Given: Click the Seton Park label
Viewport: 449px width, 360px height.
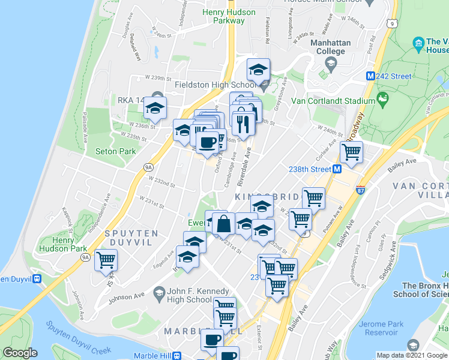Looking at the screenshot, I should [115, 152].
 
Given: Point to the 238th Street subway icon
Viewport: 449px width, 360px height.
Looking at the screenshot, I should [337, 169].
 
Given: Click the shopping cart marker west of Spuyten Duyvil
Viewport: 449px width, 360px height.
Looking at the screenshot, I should [106, 260].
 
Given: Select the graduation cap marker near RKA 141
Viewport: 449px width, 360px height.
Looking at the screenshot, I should [155, 109].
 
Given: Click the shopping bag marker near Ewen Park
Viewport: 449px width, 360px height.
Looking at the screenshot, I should [223, 223].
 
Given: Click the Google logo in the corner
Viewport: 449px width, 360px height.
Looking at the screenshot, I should [20, 353].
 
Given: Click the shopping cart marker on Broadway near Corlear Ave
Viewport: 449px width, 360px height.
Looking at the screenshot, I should [351, 152].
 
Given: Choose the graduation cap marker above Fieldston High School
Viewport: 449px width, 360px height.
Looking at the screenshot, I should [259, 70].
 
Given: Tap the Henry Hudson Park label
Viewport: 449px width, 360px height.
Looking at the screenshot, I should [62, 244].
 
